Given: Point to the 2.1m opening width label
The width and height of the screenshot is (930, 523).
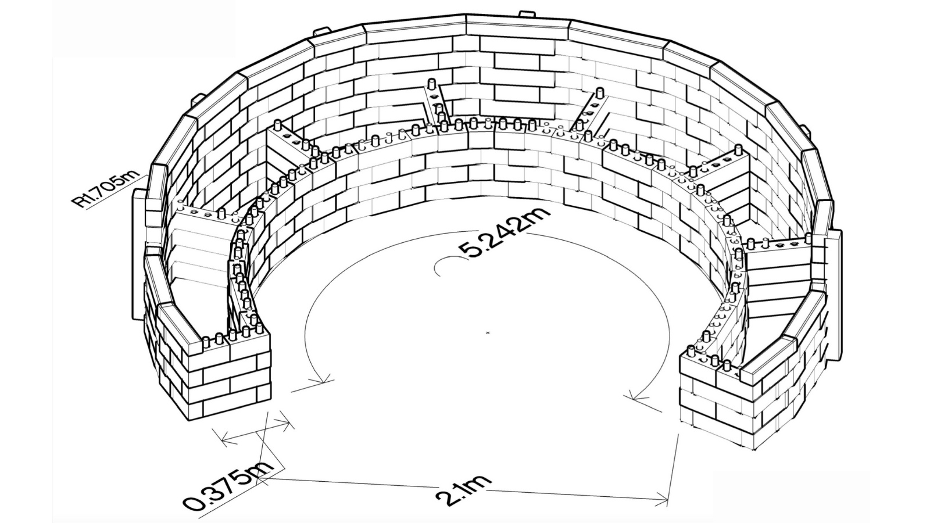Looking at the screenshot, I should (463, 488).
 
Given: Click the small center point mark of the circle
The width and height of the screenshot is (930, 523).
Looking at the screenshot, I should (488, 332).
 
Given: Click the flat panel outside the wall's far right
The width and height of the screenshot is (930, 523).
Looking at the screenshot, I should (835, 291).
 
